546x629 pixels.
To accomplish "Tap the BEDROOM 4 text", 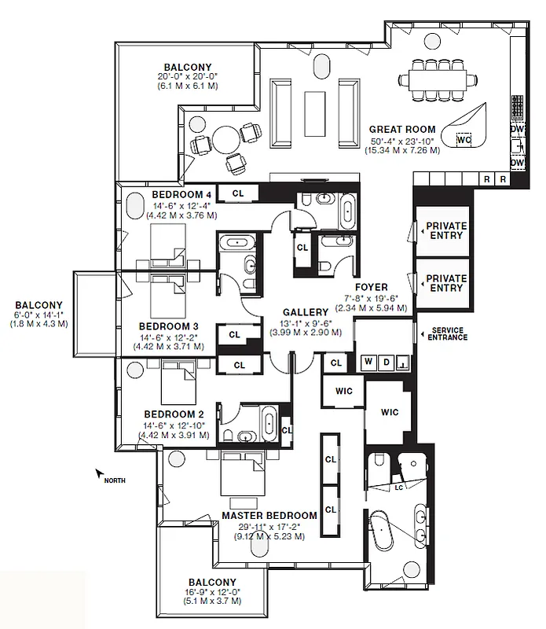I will (x=181, y=194).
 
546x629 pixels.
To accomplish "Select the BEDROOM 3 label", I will (x=168, y=326).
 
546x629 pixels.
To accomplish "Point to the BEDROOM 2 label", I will (x=173, y=413).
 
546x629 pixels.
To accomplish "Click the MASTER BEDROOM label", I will (x=269, y=516).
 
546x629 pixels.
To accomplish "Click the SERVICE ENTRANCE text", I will (x=444, y=333).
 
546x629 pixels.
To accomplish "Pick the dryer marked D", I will (x=385, y=362).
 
